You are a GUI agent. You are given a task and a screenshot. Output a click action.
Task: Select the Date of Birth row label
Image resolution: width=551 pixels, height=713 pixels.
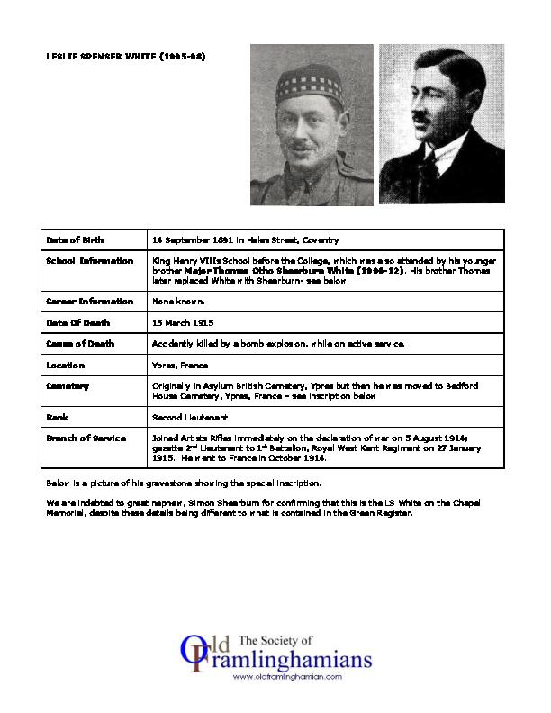tap(75, 240)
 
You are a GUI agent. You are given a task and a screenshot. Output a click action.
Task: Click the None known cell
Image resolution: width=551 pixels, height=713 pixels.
tap(179, 302)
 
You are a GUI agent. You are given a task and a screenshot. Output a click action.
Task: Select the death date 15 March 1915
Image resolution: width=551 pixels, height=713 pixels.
tap(184, 321)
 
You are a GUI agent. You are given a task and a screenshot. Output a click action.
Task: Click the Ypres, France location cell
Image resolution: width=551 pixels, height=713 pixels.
tap(181, 366)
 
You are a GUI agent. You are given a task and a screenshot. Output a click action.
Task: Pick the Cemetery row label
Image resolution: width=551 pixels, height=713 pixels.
tap(68, 384)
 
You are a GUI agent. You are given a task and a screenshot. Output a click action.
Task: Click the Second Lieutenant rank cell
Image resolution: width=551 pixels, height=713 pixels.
tap(190, 417)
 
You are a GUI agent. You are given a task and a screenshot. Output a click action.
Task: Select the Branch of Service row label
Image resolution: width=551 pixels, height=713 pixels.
tap(86, 437)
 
